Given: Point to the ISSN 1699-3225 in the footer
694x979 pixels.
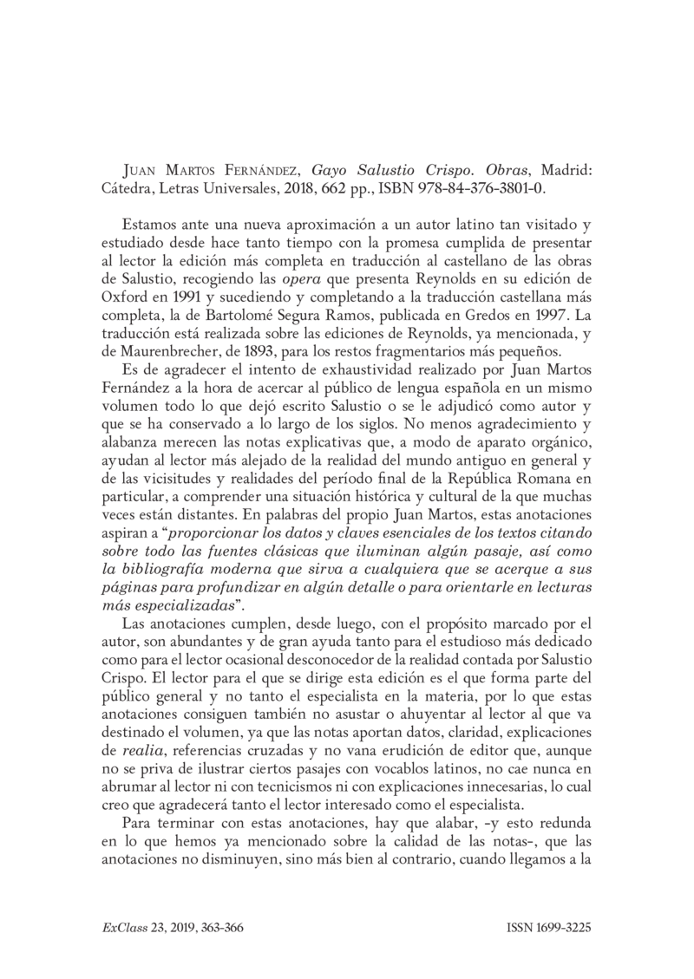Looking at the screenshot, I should tap(548, 926).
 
